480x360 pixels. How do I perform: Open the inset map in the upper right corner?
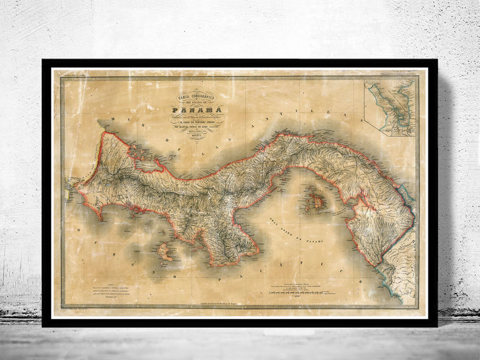pyautogui.click(x=392, y=108)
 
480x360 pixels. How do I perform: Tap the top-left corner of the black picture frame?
pyautogui.click(x=43, y=61)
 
